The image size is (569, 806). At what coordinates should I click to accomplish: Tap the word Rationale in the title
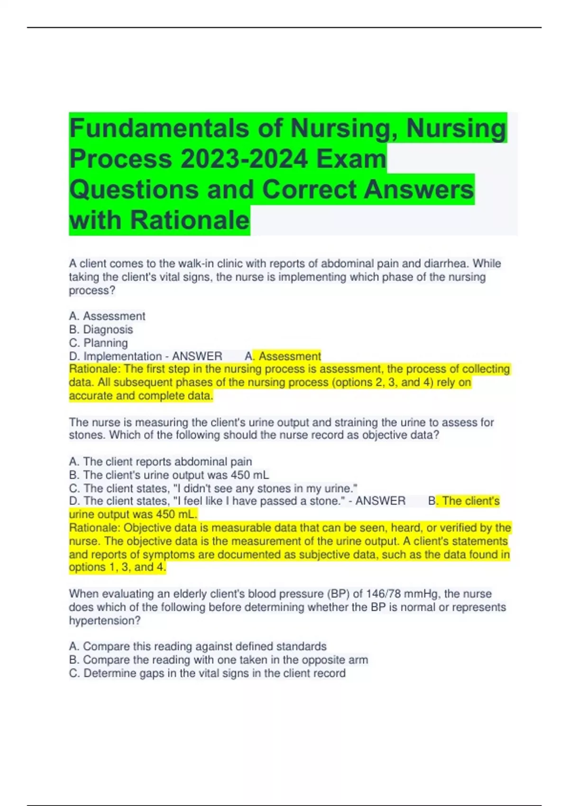pyautogui.click(x=190, y=220)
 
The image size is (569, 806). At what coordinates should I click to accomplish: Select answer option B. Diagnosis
pyautogui.click(x=101, y=330)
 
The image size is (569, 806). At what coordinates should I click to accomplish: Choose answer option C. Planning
pyautogui.click(x=99, y=343)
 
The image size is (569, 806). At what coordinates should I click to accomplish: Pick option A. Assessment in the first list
pyautogui.click(x=107, y=316)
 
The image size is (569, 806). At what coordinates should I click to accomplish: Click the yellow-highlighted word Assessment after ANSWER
pyautogui.click(x=290, y=356)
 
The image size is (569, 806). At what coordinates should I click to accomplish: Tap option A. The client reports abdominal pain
pyautogui.click(x=160, y=461)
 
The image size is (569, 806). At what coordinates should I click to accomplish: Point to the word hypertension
pyautogui.click(x=104, y=621)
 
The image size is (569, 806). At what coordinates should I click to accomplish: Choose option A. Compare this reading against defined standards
pyautogui.click(x=198, y=646)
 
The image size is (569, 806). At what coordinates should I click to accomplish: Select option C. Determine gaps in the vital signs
pyautogui.click(x=207, y=673)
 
